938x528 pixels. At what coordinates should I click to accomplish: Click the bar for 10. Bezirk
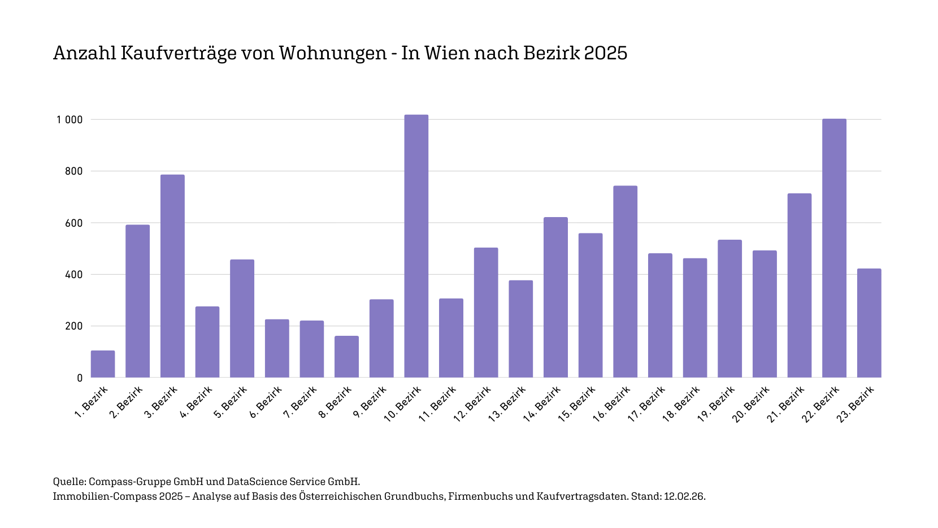click(416, 246)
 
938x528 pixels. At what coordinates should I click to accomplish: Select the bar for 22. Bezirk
click(834, 248)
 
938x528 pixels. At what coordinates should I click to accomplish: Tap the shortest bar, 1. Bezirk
click(103, 364)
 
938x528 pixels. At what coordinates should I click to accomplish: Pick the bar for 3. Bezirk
click(172, 276)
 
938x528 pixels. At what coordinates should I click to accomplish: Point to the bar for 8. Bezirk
click(346, 357)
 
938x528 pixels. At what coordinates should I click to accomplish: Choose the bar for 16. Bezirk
click(625, 282)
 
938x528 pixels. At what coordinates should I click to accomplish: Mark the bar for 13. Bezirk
click(520, 329)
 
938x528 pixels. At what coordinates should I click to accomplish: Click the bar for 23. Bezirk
click(869, 323)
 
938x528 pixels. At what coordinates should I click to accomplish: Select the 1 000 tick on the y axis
click(70, 120)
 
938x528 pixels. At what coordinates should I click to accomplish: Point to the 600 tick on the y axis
click(73, 223)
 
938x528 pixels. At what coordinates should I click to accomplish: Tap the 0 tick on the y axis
click(80, 378)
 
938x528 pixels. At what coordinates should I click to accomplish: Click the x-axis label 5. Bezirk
click(231, 403)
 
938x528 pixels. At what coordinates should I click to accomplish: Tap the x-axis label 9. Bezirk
click(370, 403)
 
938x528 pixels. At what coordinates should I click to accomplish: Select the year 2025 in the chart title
click(605, 53)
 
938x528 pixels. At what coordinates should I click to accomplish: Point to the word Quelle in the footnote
click(69, 482)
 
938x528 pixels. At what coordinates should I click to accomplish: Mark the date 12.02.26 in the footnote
click(684, 496)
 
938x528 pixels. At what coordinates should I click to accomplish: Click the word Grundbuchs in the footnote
click(414, 496)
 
